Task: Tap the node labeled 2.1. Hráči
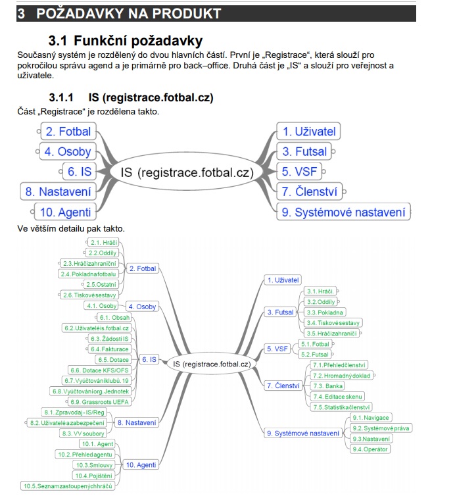tap(104, 243)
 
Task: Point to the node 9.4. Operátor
tap(371, 449)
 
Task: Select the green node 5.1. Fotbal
tap(316, 343)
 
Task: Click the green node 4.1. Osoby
tap(102, 306)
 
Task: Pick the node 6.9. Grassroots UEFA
tap(101, 401)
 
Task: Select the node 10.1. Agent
tap(96, 444)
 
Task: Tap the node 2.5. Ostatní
tap(101, 284)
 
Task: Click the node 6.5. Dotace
tap(112, 359)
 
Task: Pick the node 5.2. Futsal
tap(316, 354)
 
